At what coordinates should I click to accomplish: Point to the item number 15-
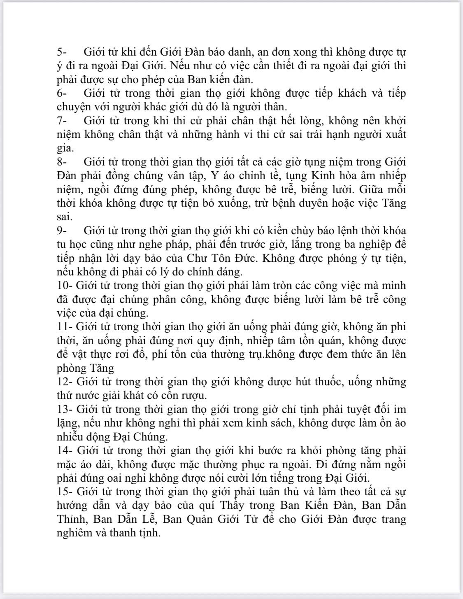coord(65,492)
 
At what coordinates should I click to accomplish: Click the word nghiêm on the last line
coord(78,533)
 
